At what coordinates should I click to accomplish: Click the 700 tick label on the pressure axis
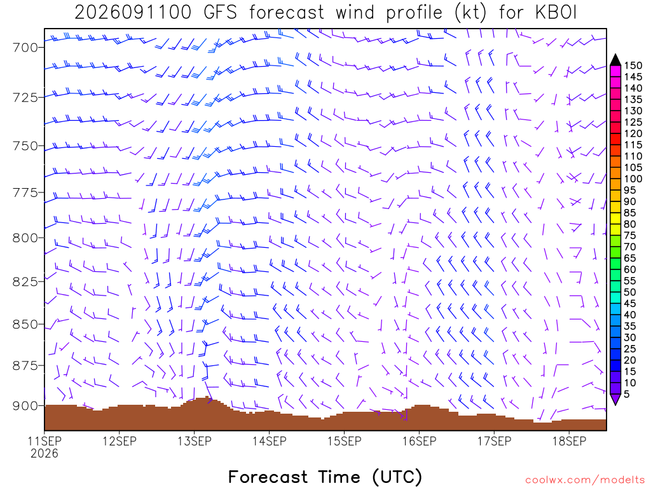coord(25,48)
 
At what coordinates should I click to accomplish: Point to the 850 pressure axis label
coord(25,325)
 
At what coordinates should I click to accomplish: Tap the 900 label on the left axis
coord(25,406)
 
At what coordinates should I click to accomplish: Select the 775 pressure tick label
coord(25,193)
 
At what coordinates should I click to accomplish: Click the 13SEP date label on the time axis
coord(195,441)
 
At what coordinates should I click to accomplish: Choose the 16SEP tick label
coord(420,441)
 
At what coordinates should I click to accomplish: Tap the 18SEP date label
coord(569,441)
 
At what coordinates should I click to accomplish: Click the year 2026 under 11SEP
coord(45,454)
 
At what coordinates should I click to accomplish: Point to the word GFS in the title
coord(220,13)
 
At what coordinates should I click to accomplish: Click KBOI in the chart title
coord(556,13)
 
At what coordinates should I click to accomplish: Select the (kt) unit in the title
coord(470,13)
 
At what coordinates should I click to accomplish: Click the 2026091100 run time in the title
coord(133,13)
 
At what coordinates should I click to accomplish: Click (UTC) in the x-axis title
coord(397,477)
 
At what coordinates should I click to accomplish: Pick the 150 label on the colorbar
coord(633,65)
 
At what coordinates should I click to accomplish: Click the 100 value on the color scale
coord(633,179)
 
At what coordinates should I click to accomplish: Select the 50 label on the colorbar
coord(630,292)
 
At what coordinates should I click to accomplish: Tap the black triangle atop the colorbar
coord(615,60)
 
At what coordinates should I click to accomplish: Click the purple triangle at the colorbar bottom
coord(615,399)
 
